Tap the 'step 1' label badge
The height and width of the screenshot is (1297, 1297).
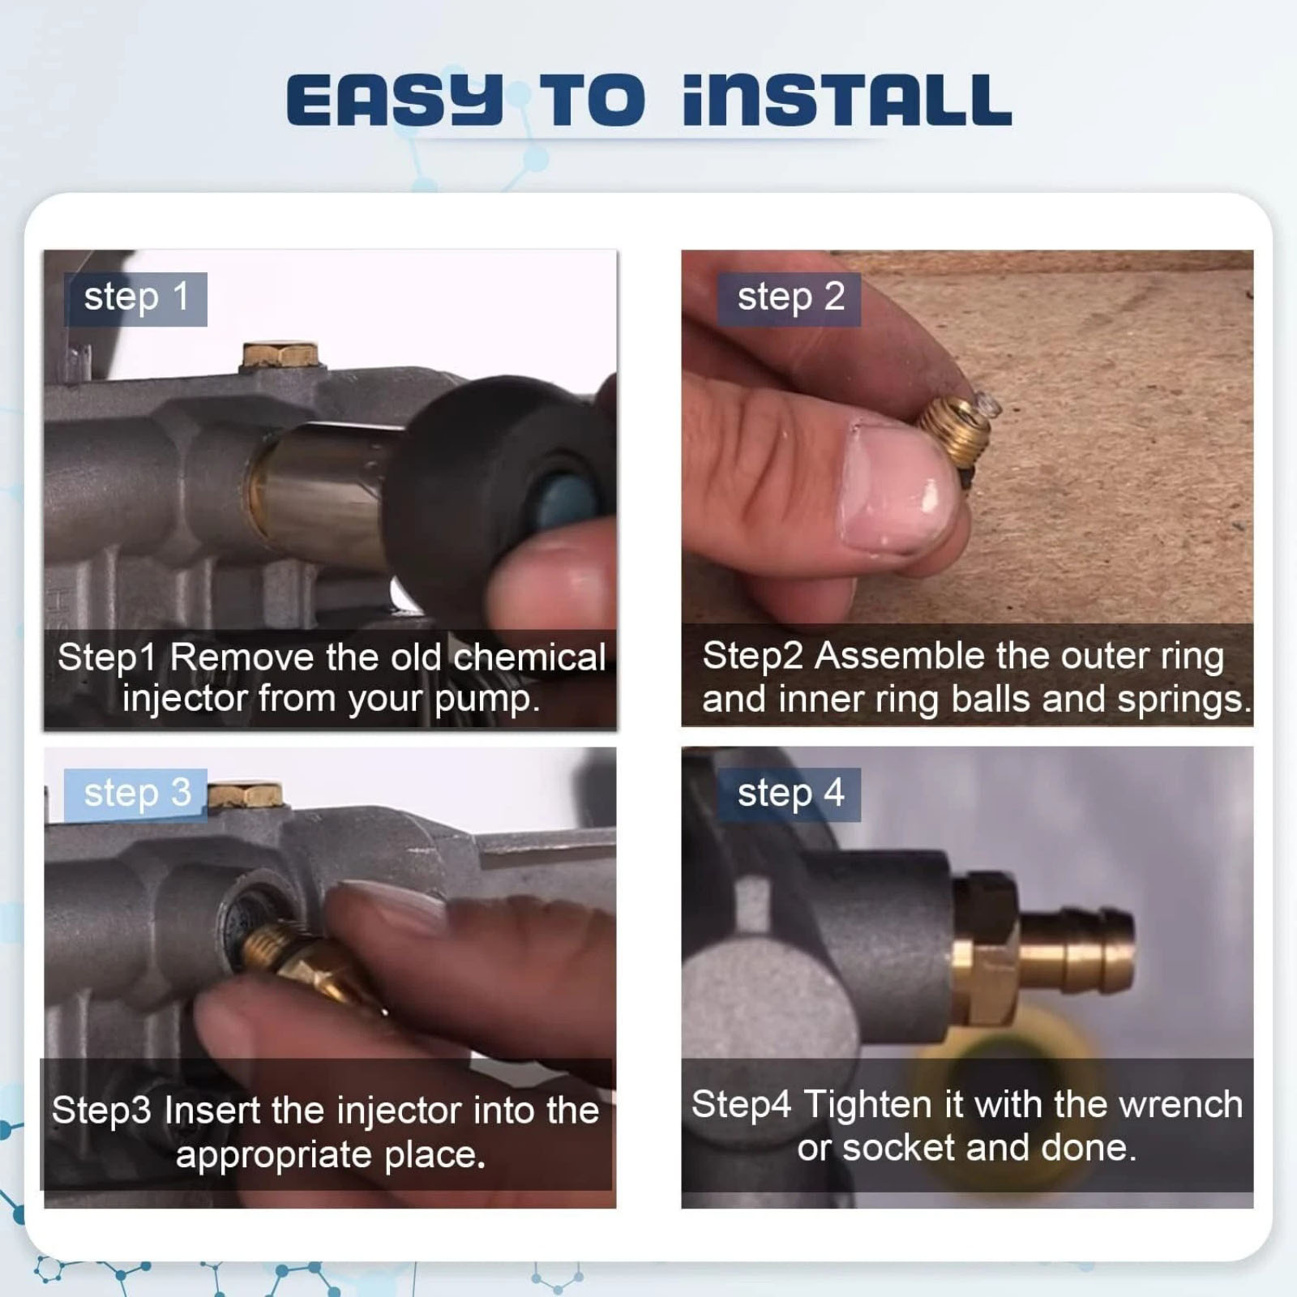(x=135, y=299)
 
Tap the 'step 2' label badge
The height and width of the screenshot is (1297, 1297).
(x=789, y=299)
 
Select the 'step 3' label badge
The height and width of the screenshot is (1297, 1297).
(x=135, y=794)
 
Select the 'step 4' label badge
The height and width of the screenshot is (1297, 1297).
(x=789, y=794)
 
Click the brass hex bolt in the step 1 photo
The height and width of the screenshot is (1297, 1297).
(x=280, y=357)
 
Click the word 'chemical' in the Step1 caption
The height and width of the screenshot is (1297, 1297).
(x=529, y=657)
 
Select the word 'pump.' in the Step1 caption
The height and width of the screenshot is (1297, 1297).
(x=487, y=700)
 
